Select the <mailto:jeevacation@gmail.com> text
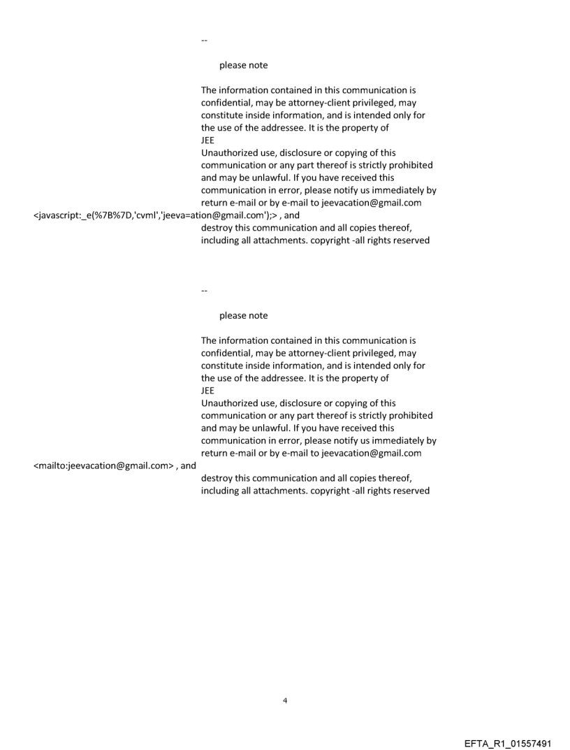tap(104, 466)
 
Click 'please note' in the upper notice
tap(243, 65)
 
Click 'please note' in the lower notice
tap(243, 316)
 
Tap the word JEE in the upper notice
tap(207, 140)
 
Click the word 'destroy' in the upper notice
tap(217, 228)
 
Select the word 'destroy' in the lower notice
tap(217, 478)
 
